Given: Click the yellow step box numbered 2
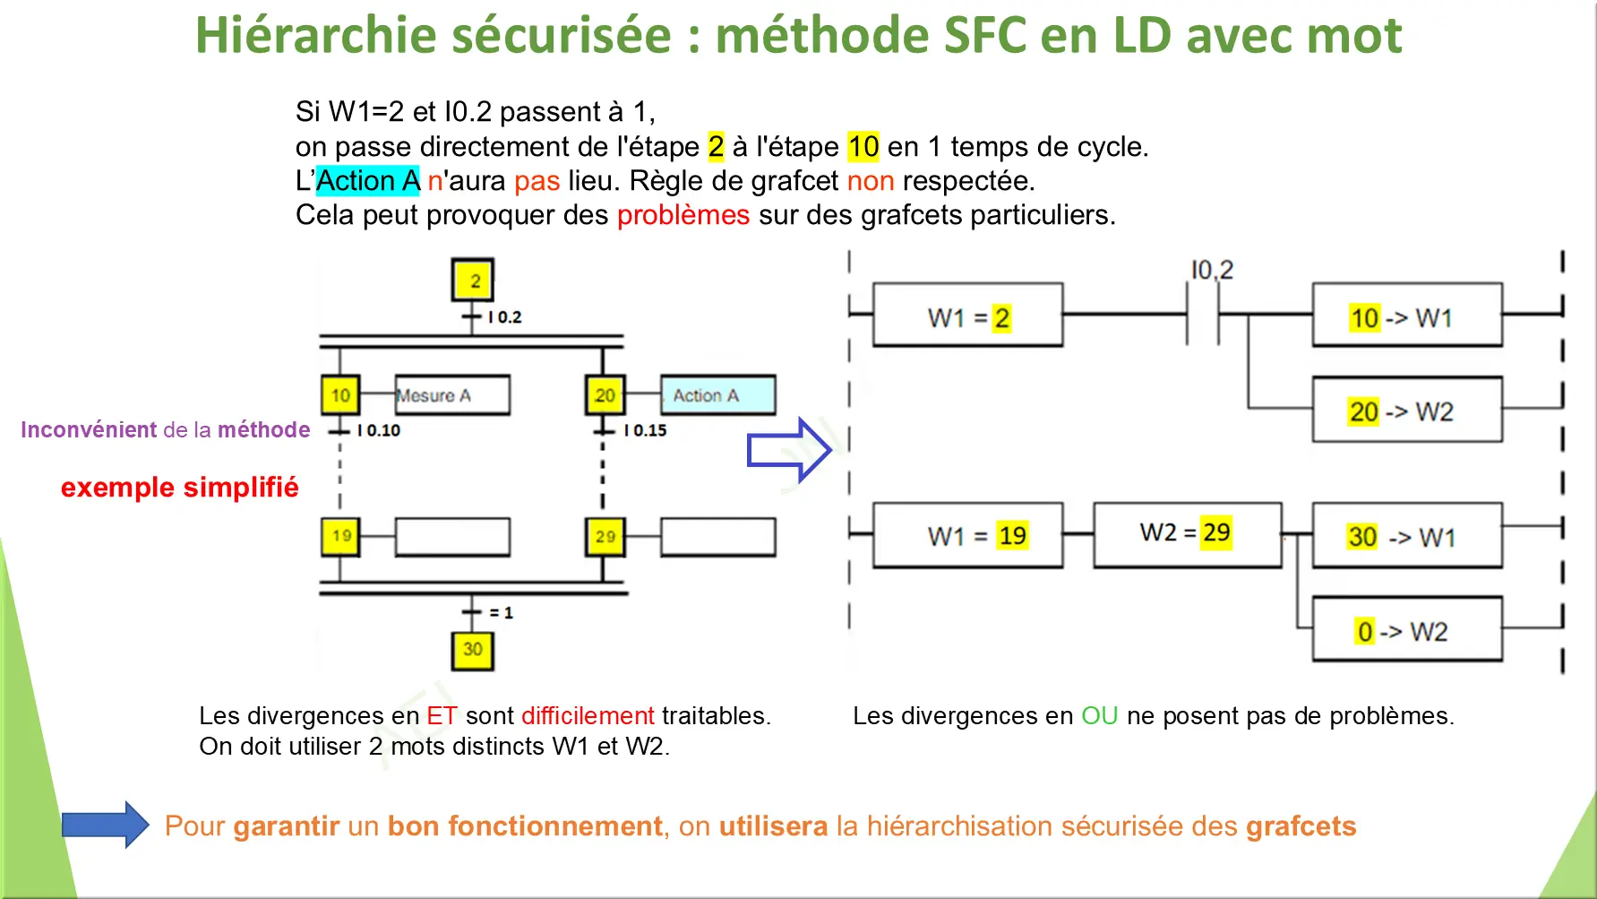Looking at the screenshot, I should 473,281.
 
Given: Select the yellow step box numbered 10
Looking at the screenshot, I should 340,395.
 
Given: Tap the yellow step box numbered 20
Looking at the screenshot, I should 605,395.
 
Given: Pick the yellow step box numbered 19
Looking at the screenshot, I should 341,536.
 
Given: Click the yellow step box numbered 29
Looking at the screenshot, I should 605,537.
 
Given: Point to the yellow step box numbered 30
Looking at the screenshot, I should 473,649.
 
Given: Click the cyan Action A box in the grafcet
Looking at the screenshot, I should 717,395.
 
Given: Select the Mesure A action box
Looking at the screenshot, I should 452,395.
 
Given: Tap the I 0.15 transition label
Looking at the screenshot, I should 646,430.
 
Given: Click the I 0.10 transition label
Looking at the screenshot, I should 379,430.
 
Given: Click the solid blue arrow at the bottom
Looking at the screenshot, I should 106,825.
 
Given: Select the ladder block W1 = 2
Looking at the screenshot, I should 967,316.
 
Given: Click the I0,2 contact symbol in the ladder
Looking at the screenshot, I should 1203,315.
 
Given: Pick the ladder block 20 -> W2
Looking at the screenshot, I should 1406,411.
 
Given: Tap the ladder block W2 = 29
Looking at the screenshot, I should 1187,534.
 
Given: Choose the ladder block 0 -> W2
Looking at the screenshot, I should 1406,630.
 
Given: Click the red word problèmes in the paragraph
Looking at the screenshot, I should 683,215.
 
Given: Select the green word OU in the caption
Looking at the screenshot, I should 1099,715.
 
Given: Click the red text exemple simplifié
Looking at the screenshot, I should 179,487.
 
